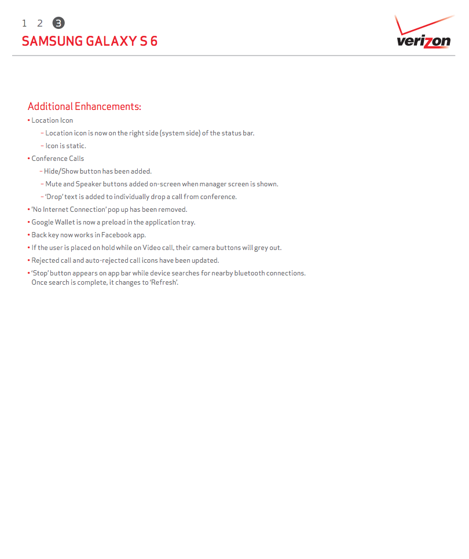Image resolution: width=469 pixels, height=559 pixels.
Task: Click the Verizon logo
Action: tap(423, 34)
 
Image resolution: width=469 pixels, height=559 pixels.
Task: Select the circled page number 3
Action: tap(58, 23)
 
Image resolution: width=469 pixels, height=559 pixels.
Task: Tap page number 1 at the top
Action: tap(24, 23)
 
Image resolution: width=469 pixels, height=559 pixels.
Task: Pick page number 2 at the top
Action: tap(40, 23)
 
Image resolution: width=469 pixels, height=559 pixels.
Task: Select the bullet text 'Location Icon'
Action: tap(52, 120)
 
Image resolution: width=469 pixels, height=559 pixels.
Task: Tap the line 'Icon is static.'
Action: tap(65, 146)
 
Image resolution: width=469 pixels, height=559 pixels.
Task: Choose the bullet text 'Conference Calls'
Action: tap(57, 159)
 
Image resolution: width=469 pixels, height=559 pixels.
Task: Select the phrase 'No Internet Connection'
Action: tap(68, 209)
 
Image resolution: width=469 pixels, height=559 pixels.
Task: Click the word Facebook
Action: tap(116, 235)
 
